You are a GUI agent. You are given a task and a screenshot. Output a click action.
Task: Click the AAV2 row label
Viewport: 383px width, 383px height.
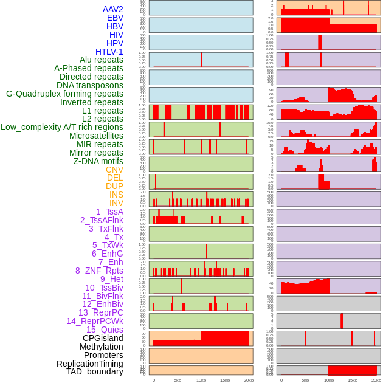(x=113, y=9)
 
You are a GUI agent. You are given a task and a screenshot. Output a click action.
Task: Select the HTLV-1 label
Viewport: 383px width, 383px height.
(x=109, y=52)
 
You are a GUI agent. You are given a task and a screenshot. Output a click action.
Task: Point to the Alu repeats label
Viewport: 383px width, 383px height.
(x=102, y=60)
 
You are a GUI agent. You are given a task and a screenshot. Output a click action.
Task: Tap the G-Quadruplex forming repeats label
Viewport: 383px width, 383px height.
(x=64, y=94)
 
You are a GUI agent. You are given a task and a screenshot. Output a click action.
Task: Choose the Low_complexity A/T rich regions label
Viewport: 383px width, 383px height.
(x=62, y=127)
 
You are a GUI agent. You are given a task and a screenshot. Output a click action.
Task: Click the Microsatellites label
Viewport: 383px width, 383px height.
(x=96, y=136)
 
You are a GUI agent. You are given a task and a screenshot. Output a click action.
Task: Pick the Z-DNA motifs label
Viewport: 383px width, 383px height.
(x=98, y=161)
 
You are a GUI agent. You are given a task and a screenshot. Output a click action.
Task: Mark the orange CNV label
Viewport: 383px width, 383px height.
(x=114, y=170)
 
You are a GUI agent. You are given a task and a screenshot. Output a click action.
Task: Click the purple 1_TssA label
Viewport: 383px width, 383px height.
(x=109, y=212)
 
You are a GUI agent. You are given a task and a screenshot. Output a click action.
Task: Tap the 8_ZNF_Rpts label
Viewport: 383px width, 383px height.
(x=99, y=271)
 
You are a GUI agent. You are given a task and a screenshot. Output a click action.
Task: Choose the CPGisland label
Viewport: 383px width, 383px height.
(x=103, y=338)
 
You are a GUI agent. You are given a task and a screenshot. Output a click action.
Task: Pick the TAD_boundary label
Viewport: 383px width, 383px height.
(x=95, y=371)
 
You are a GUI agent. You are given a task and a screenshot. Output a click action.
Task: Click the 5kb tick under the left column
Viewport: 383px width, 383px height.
(x=178, y=380)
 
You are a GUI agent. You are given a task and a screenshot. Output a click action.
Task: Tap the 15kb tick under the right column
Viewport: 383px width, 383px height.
(x=353, y=380)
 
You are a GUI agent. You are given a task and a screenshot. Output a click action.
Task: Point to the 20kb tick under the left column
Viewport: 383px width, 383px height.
(x=249, y=380)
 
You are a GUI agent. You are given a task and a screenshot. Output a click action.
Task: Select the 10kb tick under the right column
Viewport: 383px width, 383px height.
(x=329, y=380)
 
